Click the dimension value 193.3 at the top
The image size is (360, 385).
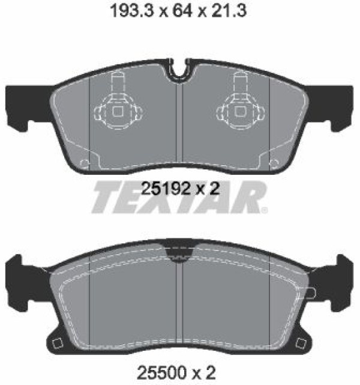[x=133, y=11]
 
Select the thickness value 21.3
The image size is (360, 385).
[x=229, y=11]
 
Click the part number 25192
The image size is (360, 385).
[x=166, y=189]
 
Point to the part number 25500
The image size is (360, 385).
[x=161, y=373]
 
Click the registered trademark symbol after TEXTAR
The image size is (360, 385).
[x=265, y=210]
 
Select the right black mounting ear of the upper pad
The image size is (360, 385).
[x=330, y=107]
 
